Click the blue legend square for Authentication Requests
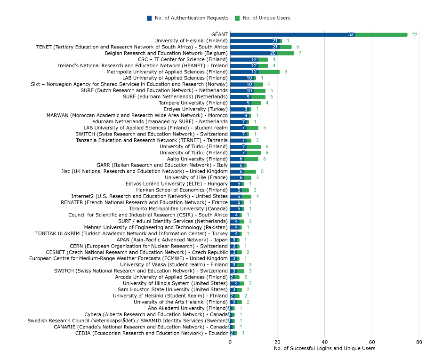pyautogui.click(x=149, y=18)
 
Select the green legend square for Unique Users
pyautogui.click(x=237, y=18)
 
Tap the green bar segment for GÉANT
pyautogui.click(x=381, y=34)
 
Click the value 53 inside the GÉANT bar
pyautogui.click(x=351, y=34)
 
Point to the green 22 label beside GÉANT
pyautogui.click(x=415, y=34)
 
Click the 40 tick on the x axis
pyautogui.click(x=324, y=342)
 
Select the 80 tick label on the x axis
pyautogui.click(x=419, y=342)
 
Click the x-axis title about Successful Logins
pyautogui.click(x=324, y=348)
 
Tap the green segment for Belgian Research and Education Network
pyautogui.click(x=286, y=53)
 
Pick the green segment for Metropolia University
pyautogui.click(x=269, y=72)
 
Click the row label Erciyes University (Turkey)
pyautogui.click(x=196, y=109)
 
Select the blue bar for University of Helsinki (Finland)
pyautogui.click(x=255, y=41)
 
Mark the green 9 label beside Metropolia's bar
pyautogui.click(x=286, y=72)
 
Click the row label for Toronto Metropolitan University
pyautogui.click(x=178, y=208)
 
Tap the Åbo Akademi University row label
pyautogui.click(x=188, y=308)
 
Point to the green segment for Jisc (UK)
pyautogui.click(x=250, y=171)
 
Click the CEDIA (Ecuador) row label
pyautogui.click(x=151, y=333)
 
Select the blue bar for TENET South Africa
pyautogui.click(x=255, y=47)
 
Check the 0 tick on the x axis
pyautogui.click(x=230, y=342)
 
